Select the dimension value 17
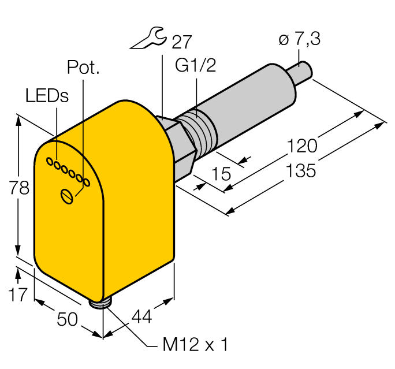18,295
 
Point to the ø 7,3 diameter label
299,40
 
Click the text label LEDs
47,96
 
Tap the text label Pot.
84,68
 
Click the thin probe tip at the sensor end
302,72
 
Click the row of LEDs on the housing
68,172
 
